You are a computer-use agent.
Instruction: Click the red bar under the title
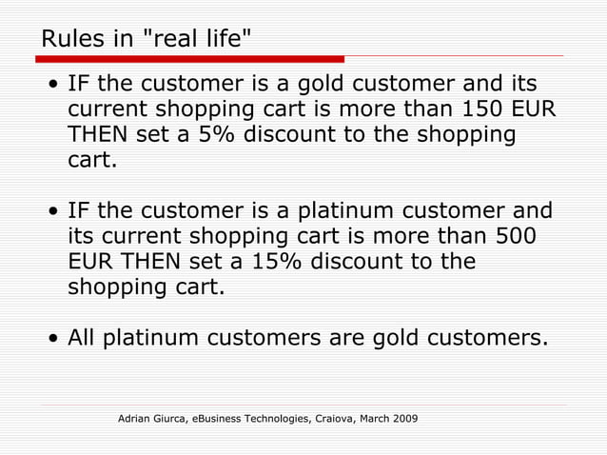[189, 59]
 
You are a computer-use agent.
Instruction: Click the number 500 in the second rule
[515, 235]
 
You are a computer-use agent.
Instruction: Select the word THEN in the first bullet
[98, 135]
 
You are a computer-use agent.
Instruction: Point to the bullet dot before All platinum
[56, 339]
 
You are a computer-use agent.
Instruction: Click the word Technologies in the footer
[278, 419]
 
